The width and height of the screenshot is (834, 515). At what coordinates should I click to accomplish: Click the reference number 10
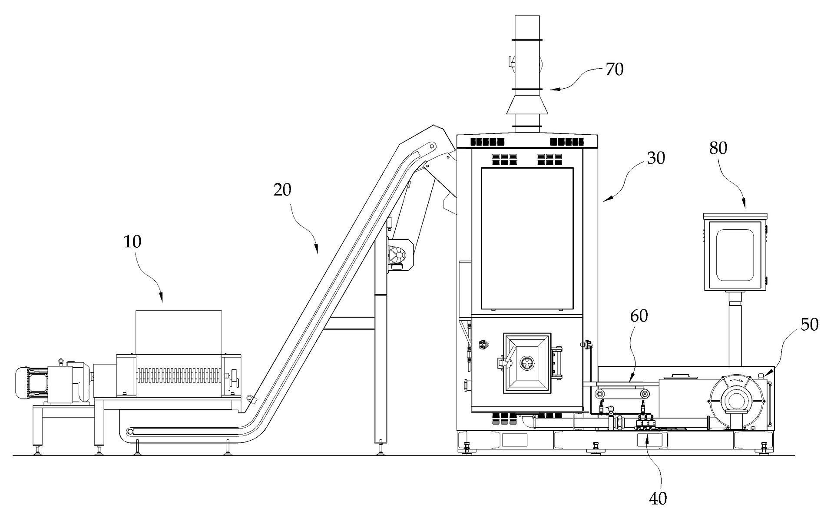(x=132, y=242)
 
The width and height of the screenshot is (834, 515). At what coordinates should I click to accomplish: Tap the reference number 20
(x=282, y=189)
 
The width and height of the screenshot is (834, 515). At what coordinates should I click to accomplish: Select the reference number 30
(x=656, y=158)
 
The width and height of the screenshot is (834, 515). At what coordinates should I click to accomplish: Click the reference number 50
(x=809, y=325)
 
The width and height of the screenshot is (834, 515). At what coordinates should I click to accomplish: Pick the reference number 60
(x=639, y=316)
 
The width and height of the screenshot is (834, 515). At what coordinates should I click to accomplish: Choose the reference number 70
(x=614, y=70)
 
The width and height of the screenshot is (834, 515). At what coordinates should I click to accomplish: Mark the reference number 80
(x=718, y=149)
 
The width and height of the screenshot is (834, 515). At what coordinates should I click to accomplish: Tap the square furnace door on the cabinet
(x=527, y=363)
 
